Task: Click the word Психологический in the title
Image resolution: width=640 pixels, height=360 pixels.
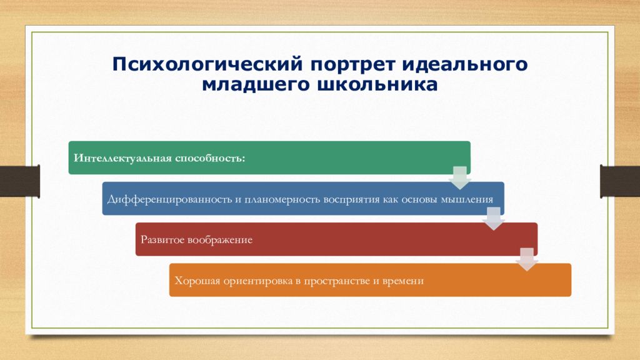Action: (207, 65)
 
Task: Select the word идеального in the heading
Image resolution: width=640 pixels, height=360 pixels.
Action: (465, 65)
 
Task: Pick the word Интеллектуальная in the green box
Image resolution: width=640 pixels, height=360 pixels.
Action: (122, 158)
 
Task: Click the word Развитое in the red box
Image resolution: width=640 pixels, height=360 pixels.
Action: (162, 239)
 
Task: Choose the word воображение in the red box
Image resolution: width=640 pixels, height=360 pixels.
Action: (220, 240)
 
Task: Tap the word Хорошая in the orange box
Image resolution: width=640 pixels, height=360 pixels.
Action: (197, 281)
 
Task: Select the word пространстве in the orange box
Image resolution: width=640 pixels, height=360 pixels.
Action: (337, 281)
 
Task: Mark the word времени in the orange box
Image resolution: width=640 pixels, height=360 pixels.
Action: (403, 281)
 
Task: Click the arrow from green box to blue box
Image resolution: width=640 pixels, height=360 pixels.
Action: (459, 178)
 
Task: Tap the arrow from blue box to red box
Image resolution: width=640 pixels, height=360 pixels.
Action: (494, 219)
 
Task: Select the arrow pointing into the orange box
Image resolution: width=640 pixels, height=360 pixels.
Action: (527, 259)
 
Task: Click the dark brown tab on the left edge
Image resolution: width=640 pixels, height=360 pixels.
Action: (19, 181)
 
